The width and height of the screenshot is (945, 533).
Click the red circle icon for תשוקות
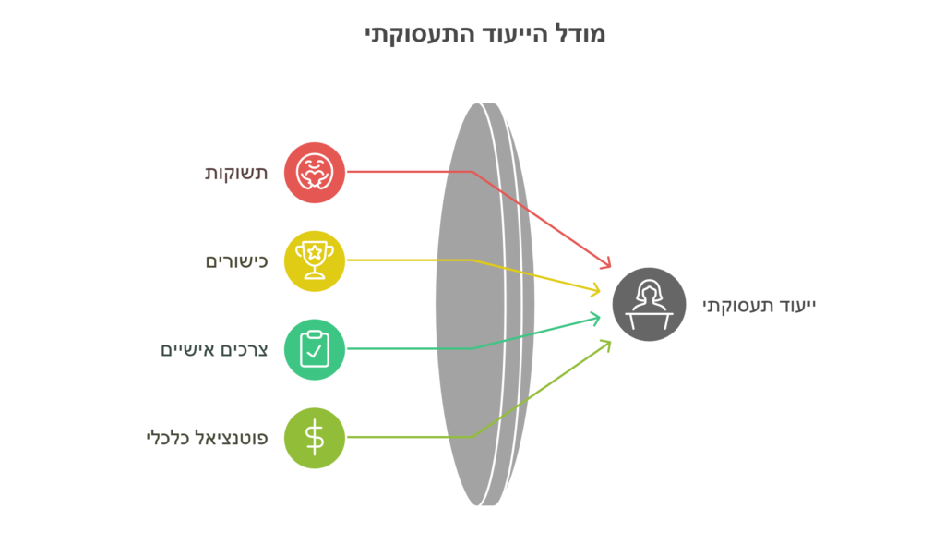click(x=315, y=172)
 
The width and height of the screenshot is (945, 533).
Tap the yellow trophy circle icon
click(x=315, y=260)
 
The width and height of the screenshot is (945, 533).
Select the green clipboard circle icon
click(x=315, y=349)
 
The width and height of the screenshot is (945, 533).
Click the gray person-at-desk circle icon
click(x=650, y=304)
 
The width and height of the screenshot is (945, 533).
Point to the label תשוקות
click(x=236, y=173)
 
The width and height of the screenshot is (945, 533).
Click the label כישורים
click(x=236, y=261)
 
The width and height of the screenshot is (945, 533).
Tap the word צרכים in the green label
click(x=248, y=350)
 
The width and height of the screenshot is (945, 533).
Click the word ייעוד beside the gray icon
click(x=797, y=305)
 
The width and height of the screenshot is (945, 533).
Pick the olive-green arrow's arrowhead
click(x=606, y=343)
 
